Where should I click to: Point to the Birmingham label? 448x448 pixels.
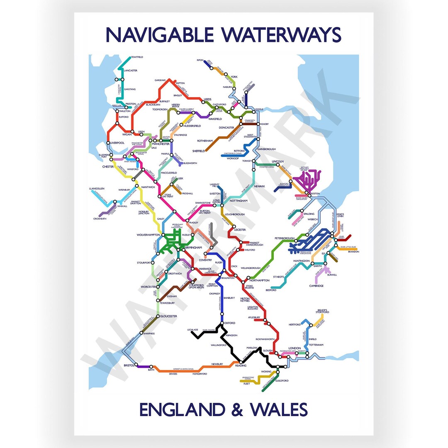tap(194, 247)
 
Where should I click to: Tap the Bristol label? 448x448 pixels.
tap(129, 365)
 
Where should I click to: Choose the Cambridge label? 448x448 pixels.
tap(316, 286)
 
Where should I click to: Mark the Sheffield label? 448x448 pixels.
tap(199, 151)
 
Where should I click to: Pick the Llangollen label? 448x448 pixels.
tap(97, 188)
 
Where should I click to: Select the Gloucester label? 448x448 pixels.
tap(169, 316)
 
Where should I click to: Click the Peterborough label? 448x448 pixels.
tap(284, 239)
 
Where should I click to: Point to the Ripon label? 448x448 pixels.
tap(200, 60)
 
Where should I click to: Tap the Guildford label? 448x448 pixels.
tap(282, 380)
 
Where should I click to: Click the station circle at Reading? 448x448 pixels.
tap(241, 363)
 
